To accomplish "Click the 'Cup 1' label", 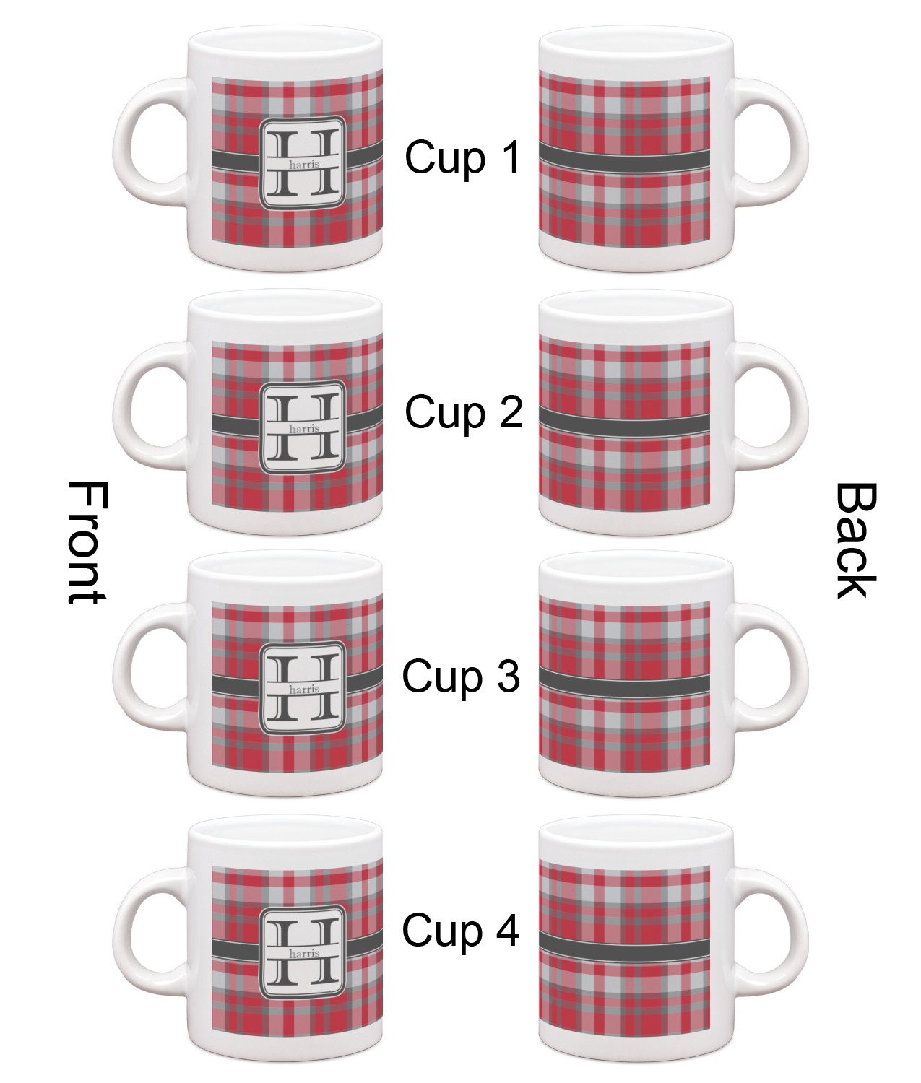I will (462, 157).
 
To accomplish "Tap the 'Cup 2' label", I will (464, 412).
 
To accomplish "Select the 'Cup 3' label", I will (461, 677).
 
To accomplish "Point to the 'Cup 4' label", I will (461, 930).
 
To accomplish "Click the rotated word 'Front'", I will (87, 543).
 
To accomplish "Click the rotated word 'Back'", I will (856, 541).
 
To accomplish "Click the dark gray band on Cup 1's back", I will (624, 159).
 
